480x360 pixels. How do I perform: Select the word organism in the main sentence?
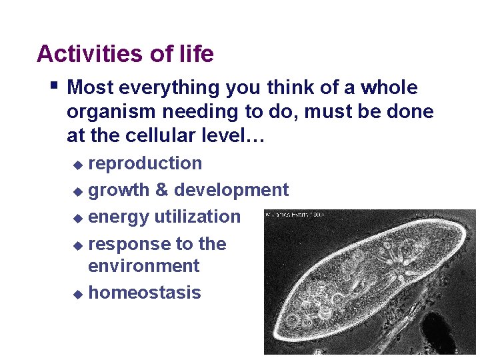tap(110, 112)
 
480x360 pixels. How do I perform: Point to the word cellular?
tap(155, 137)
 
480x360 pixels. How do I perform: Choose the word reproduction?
tap(145, 164)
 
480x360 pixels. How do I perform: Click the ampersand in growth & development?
tap(161, 191)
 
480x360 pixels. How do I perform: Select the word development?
tap(231, 191)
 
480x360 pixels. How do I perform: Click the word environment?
tap(143, 266)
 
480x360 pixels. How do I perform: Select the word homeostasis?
tap(144, 293)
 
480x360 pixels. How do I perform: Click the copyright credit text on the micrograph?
tap(295, 215)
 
